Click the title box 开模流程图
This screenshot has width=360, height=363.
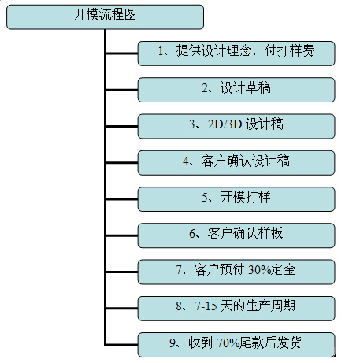(105, 17)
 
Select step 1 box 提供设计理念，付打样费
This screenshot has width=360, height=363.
(236, 54)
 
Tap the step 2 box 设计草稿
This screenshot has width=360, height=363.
(236, 90)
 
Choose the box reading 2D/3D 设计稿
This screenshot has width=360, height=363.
(236, 126)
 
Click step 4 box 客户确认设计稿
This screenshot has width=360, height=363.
(236, 163)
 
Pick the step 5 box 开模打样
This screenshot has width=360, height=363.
(236, 199)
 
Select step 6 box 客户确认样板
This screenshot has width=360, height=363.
(236, 235)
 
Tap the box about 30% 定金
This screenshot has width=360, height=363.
(236, 272)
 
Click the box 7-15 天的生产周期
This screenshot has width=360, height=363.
(236, 309)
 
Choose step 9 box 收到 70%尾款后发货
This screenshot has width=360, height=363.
(236, 345)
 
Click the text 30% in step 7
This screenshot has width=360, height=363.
(258, 270)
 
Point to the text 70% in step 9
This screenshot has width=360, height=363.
(228, 343)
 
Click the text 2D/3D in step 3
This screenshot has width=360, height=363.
(225, 124)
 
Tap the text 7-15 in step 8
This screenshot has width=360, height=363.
(206, 306)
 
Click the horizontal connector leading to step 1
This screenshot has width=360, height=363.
(122, 54)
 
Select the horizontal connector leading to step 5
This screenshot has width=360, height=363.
(122, 199)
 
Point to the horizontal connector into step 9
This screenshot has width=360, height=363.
(122, 345)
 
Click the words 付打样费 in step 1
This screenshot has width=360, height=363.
(290, 50)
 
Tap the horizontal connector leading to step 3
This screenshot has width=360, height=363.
(122, 127)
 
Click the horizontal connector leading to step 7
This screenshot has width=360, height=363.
(122, 272)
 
